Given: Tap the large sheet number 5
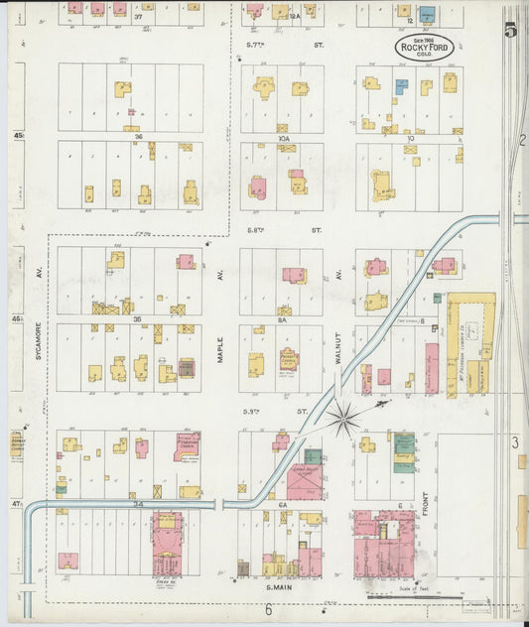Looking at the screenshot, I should point(510,30).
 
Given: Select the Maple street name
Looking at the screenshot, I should point(221,351).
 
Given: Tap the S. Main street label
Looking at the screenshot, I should point(282,588).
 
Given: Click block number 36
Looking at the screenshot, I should point(139,136).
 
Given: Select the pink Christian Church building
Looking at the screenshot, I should point(187,446).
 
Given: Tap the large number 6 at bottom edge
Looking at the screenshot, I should point(268,610).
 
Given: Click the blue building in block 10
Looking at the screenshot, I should point(401,86).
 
